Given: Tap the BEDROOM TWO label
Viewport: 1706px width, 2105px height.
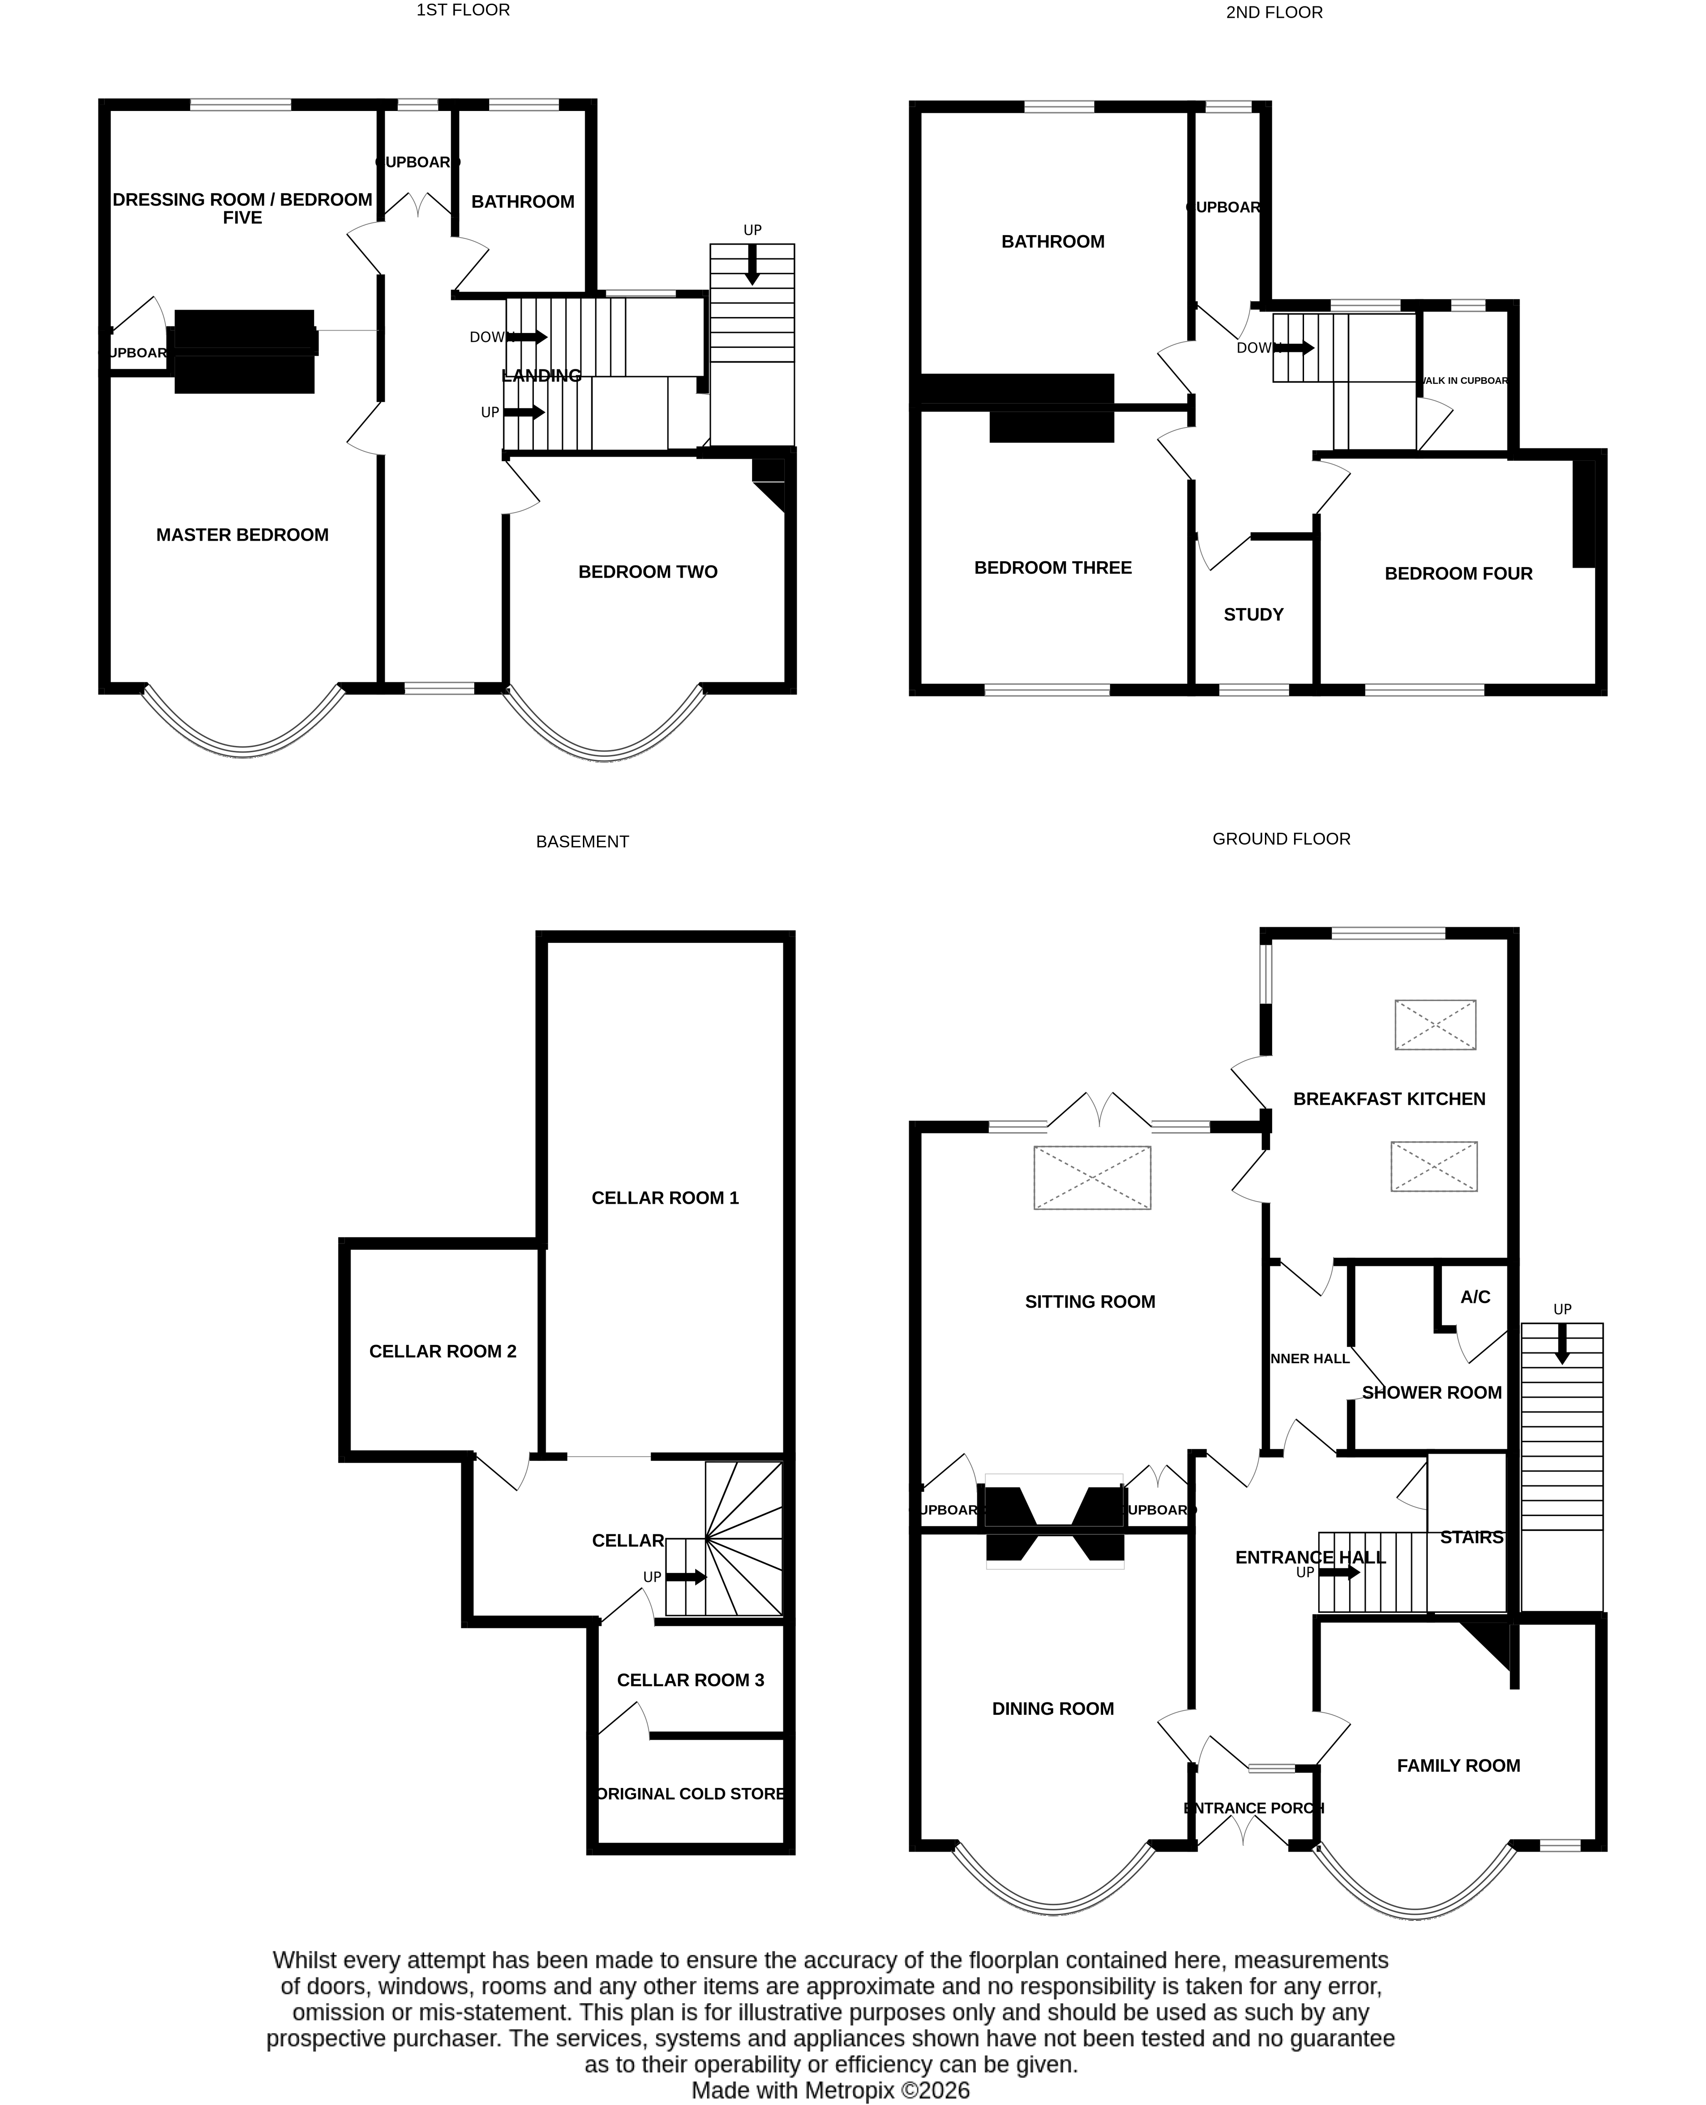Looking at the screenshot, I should tap(647, 572).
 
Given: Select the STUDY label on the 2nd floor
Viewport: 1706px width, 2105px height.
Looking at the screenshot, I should tap(1253, 614).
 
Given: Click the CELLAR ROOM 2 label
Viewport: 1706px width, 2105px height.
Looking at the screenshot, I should tap(442, 1351).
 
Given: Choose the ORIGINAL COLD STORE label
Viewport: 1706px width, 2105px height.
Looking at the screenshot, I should tap(691, 1793).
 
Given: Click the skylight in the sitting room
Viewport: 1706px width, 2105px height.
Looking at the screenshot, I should tap(1092, 1177).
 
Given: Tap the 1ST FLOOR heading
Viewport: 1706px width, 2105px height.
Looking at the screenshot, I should tap(463, 10).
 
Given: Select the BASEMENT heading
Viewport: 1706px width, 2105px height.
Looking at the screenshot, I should tap(582, 841).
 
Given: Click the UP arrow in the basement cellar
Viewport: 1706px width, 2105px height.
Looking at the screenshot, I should tap(686, 1577).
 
